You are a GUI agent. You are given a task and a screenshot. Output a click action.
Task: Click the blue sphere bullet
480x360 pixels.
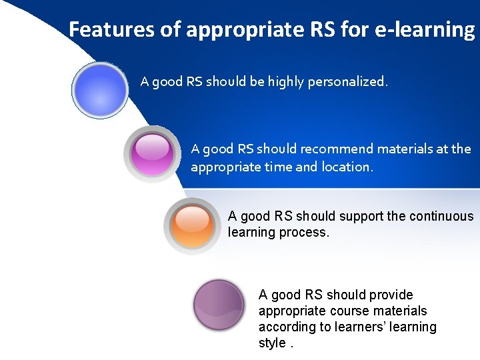coord(99,90)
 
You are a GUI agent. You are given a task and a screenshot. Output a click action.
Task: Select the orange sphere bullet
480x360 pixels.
coord(193,225)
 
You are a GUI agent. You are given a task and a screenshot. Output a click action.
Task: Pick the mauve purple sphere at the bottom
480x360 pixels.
coord(219,305)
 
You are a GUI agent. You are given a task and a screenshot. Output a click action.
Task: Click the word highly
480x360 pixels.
coord(286,82)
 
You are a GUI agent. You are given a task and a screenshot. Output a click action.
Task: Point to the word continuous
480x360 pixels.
coord(441,216)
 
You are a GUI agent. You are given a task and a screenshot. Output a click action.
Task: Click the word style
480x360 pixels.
coord(272,343)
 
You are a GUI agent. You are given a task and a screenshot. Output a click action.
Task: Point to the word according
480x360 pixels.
coord(289,327)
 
